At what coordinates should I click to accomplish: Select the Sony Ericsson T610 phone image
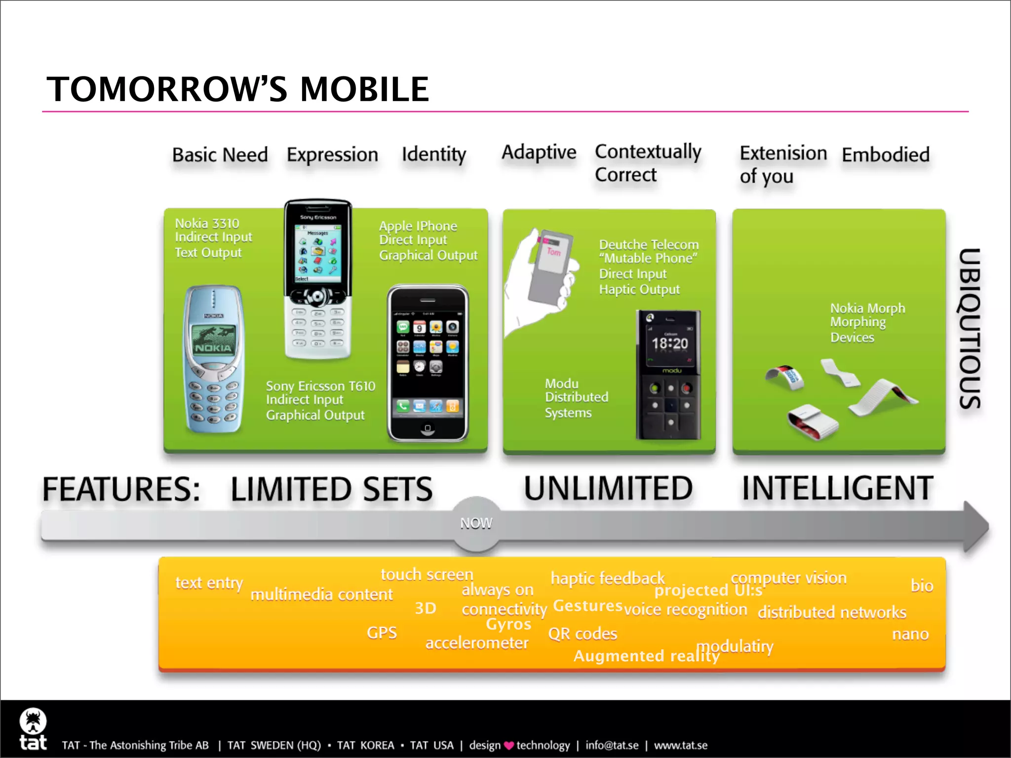[x=318, y=279]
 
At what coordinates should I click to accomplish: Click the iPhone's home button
[x=428, y=428]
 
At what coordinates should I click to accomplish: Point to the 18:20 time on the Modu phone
[x=669, y=343]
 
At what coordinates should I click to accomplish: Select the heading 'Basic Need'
[x=220, y=155]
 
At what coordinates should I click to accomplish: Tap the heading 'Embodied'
[x=886, y=155]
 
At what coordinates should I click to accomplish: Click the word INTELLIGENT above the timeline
[x=837, y=489]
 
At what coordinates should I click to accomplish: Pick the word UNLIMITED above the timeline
[x=608, y=489]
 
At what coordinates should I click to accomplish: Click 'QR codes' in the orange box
[x=583, y=634]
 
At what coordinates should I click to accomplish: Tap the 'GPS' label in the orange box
[x=382, y=633]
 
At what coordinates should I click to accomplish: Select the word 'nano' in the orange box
[x=910, y=634]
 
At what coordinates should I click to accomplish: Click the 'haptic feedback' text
[x=607, y=578]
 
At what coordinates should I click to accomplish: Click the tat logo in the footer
[x=33, y=729]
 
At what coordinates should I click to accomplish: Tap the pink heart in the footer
[x=509, y=746]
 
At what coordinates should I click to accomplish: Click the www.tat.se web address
[x=681, y=746]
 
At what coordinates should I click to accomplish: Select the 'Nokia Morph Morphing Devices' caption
[x=867, y=323]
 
